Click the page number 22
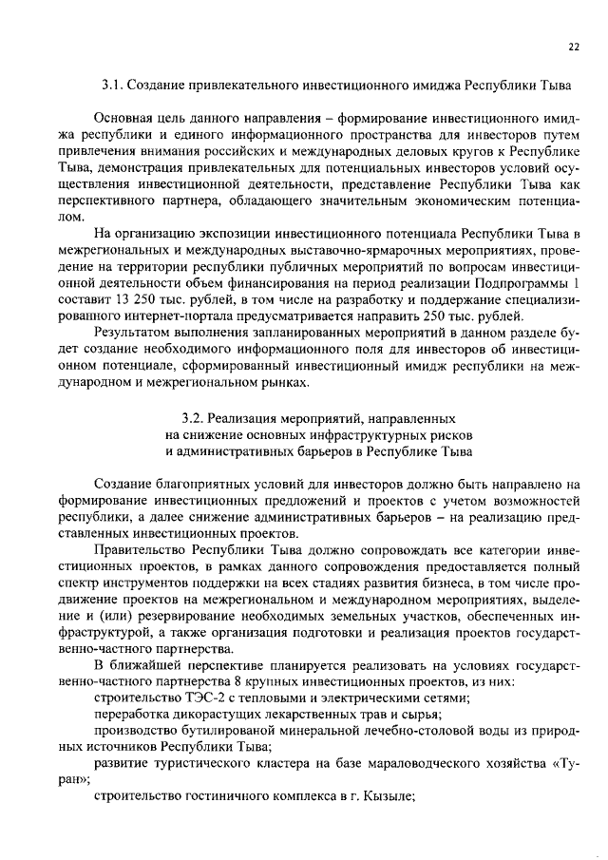[x=574, y=46]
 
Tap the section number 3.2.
[x=191, y=417]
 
